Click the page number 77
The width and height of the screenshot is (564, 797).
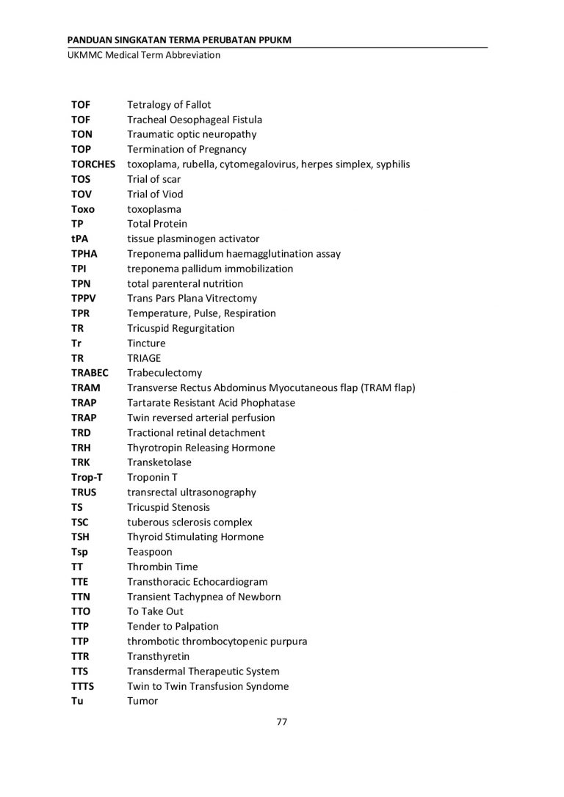click(281, 721)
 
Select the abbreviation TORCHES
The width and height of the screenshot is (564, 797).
click(93, 164)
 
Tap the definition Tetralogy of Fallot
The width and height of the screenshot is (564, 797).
click(169, 105)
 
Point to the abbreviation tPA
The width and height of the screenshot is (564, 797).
click(79, 239)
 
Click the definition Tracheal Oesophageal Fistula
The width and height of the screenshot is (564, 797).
click(195, 120)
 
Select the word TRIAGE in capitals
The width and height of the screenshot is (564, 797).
click(144, 358)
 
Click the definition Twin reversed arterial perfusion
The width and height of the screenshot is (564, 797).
click(201, 418)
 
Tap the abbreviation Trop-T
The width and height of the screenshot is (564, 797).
click(86, 478)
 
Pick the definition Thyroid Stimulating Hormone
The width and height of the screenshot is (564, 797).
click(195, 537)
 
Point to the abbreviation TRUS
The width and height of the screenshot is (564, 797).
click(84, 492)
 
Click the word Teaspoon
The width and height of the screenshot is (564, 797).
click(150, 552)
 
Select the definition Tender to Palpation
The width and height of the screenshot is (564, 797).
click(173, 627)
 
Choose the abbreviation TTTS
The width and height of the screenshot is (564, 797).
click(83, 686)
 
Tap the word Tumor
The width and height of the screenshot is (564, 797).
click(142, 701)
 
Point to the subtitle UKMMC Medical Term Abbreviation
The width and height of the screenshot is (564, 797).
click(143, 55)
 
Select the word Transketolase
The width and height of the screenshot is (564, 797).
click(159, 462)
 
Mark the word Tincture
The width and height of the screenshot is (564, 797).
click(146, 343)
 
